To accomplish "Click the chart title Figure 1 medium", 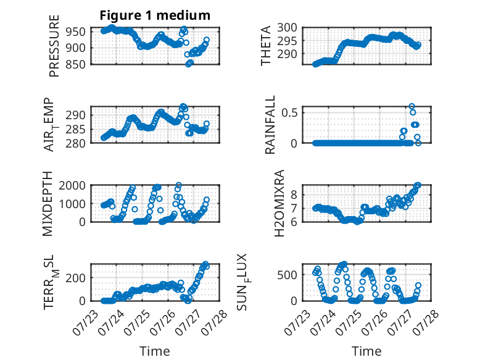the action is click(x=155, y=15).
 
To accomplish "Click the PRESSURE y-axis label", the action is click(x=54, y=46).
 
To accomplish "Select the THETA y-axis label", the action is click(x=266, y=46).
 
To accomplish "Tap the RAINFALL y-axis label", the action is click(x=270, y=125).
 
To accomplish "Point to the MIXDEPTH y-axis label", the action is click(x=48, y=203).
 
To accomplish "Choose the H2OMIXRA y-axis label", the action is click(x=279, y=203).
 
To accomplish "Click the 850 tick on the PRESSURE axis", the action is click(x=75, y=64).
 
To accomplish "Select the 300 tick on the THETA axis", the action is click(x=287, y=28).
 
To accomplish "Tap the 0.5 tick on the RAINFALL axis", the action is click(x=289, y=112).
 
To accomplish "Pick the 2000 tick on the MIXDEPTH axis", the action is click(x=72, y=185).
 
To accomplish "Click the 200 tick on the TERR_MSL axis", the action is click(x=75, y=278).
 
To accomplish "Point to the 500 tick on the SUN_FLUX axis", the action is click(x=287, y=275).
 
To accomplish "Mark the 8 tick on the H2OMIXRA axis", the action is click(x=294, y=195).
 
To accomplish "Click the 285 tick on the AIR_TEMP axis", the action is click(x=75, y=129).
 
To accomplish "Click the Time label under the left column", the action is click(x=155, y=351).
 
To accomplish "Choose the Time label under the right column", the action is click(x=366, y=351).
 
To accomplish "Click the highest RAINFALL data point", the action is click(x=412, y=106).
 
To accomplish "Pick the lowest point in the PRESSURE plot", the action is click(x=188, y=64).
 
